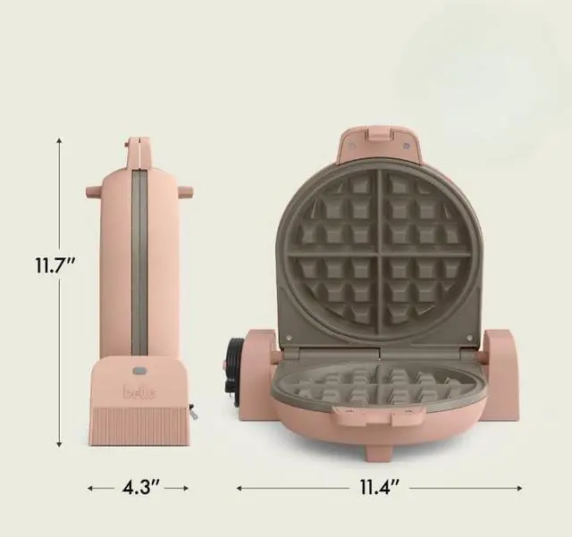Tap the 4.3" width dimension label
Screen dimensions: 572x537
140,487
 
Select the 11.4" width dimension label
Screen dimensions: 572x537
380,487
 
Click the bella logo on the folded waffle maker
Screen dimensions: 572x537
139,392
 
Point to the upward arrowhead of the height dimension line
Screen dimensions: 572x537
59,140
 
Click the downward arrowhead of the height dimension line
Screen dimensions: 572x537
59,444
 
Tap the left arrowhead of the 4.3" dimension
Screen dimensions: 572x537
90,488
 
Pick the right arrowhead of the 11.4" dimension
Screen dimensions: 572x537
519,488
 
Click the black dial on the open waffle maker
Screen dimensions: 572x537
234,370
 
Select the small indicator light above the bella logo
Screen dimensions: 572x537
139,371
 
